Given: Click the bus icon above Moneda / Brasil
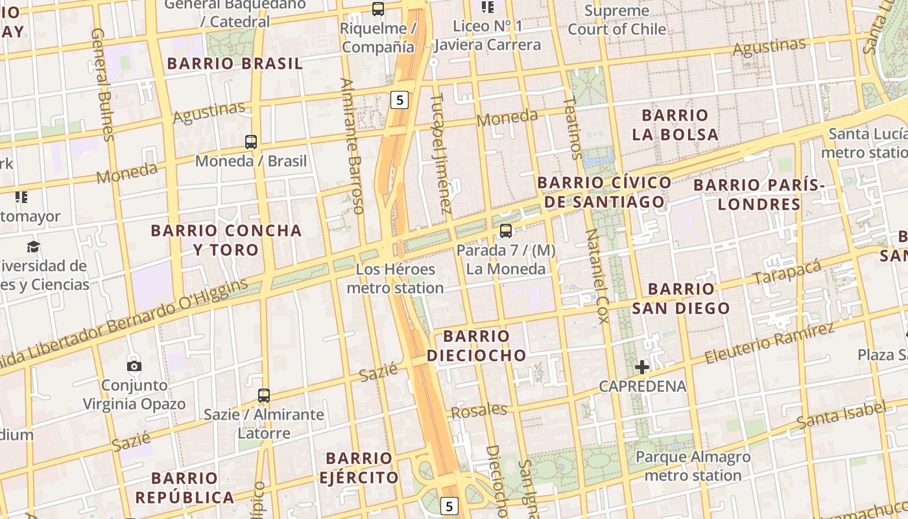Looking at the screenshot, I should click(x=251, y=141).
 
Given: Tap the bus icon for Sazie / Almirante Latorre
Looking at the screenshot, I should click(x=264, y=395).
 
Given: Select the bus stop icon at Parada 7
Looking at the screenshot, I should click(x=506, y=230).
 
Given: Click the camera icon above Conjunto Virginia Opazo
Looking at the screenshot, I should click(x=134, y=366).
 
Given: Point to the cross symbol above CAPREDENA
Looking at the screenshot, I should click(x=642, y=367).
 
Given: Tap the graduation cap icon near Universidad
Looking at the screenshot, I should click(x=33, y=247).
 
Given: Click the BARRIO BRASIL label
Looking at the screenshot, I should click(x=235, y=64).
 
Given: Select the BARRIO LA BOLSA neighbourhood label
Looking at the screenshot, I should click(x=675, y=125).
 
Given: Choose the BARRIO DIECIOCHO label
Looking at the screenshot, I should click(x=477, y=346).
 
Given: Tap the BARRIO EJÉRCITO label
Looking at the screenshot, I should click(x=359, y=468).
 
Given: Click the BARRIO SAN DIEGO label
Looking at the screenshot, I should click(x=681, y=298).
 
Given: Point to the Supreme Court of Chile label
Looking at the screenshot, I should click(x=617, y=20).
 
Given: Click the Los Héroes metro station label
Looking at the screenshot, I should click(x=395, y=278).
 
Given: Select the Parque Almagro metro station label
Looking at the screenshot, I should click(x=693, y=466).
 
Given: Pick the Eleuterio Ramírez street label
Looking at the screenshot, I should click(x=769, y=343).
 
